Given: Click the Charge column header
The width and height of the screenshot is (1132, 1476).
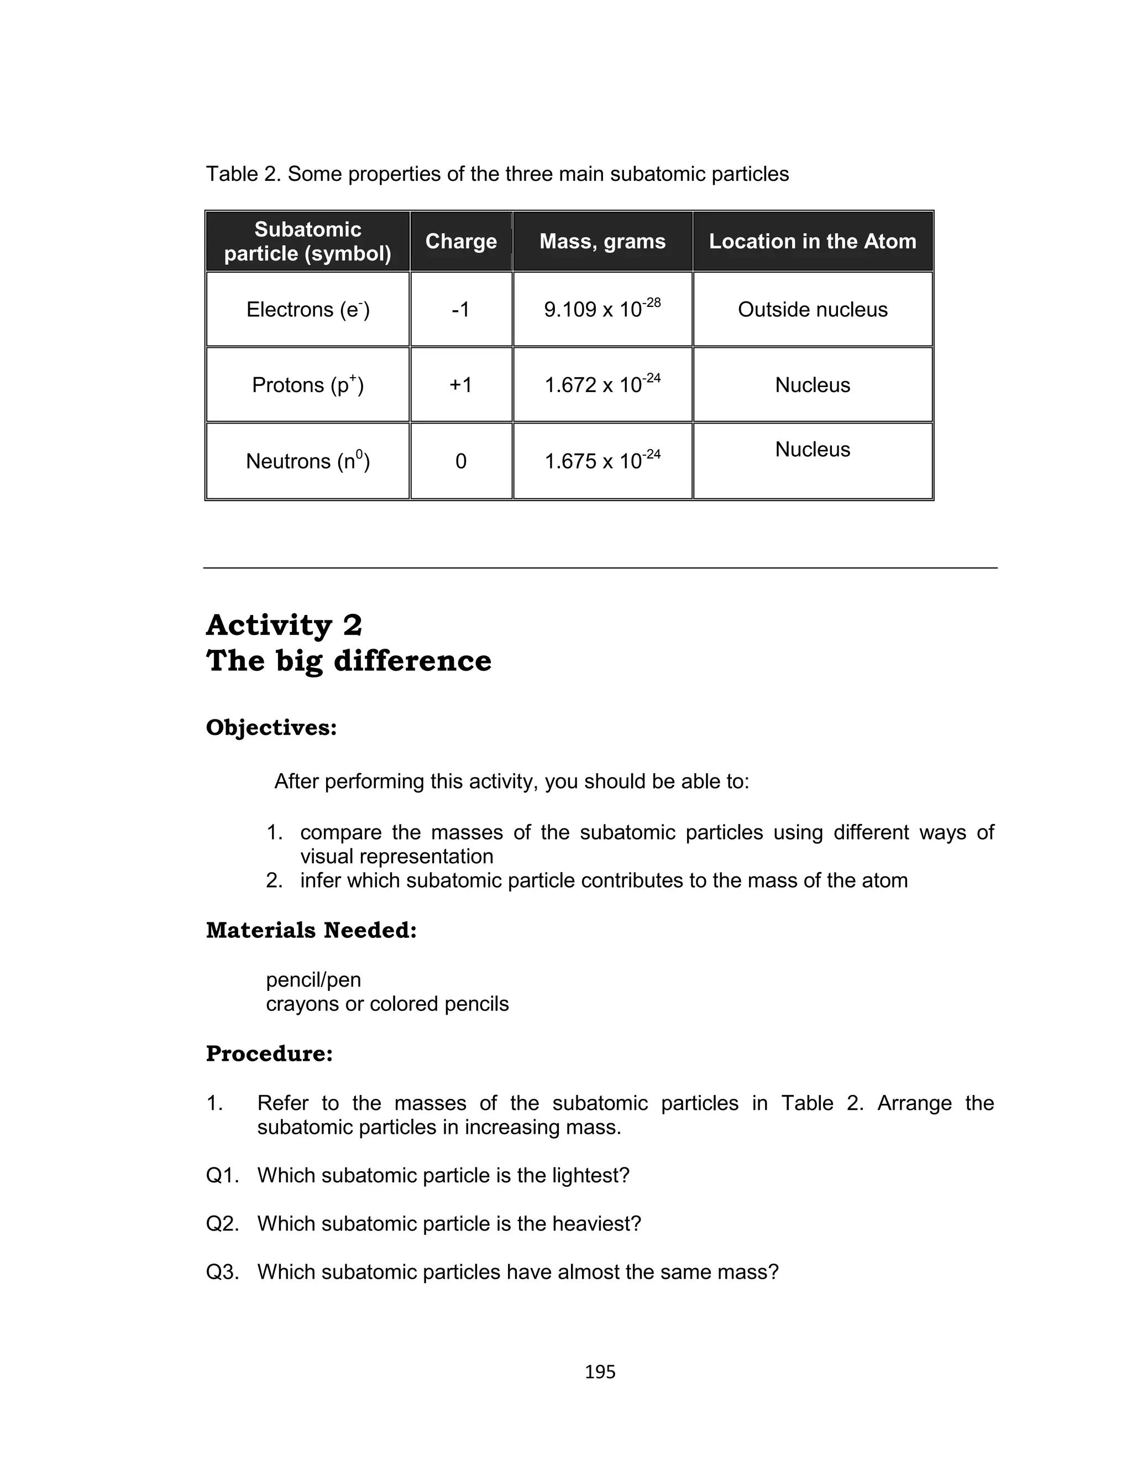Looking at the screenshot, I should click(461, 241).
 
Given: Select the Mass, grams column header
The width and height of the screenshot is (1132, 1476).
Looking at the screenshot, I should click(602, 241).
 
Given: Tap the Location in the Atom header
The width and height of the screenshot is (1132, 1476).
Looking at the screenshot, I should click(813, 241).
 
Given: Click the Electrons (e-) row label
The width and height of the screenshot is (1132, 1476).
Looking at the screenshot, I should click(308, 309).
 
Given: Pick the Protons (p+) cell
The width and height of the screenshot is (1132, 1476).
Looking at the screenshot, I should click(308, 385).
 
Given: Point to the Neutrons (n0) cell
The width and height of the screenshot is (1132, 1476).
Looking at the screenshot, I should click(308, 461).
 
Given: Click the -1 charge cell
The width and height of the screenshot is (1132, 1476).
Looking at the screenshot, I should click(461, 309).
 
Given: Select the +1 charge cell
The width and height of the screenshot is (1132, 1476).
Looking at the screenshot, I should click(461, 385).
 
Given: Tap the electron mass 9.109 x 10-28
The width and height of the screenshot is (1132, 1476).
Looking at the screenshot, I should click(602, 309).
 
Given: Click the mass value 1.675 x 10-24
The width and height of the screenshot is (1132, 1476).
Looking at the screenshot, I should click(602, 461).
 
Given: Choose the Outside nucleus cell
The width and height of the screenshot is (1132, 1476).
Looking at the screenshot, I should click(813, 309).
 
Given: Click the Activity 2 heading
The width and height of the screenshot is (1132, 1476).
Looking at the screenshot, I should click(284, 625).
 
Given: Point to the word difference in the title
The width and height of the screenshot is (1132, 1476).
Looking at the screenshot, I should click(412, 660).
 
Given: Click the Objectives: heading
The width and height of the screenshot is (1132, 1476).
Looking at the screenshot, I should click(271, 728).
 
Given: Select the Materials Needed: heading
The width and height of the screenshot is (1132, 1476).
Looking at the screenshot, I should click(311, 930).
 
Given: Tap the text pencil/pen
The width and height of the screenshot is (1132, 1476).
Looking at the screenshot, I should click(313, 979).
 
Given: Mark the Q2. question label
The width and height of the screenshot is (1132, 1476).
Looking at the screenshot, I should click(222, 1223).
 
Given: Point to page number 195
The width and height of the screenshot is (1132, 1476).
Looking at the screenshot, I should click(600, 1372).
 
